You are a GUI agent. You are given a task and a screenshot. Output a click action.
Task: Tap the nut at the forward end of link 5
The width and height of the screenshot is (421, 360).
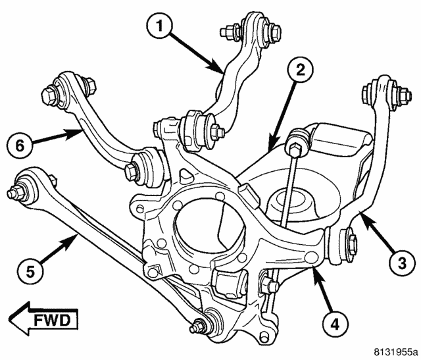click(x=14, y=195)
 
